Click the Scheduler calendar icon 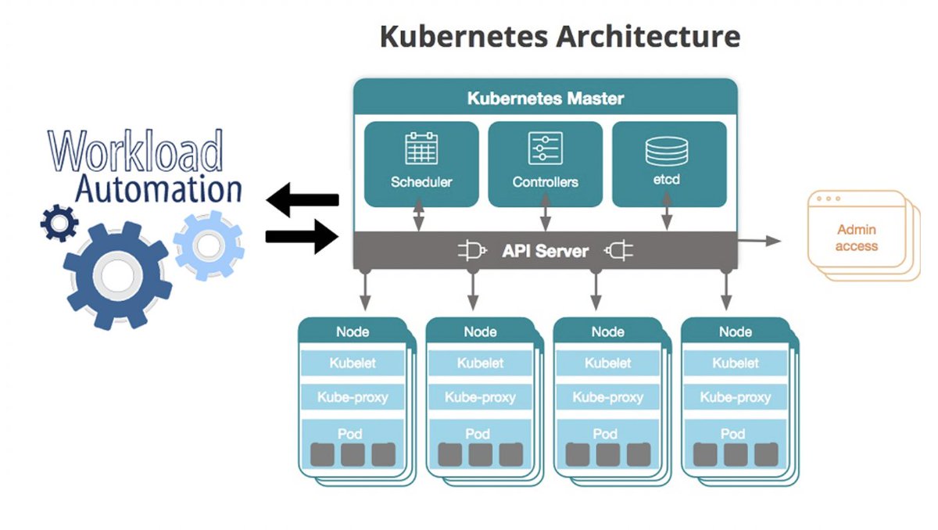point(421,149)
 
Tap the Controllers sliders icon point(545,149)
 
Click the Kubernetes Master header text point(545,99)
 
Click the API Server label point(545,252)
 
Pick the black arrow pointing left point(303,201)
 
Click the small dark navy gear point(59,223)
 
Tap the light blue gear point(208,245)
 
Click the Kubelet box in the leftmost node point(353,363)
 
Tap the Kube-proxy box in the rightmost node point(735,397)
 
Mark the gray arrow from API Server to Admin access point(760,242)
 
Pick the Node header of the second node point(480,331)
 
